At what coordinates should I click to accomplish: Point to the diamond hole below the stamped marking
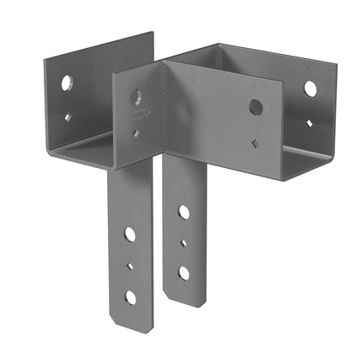pyautogui.click(x=136, y=132)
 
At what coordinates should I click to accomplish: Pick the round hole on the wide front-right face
pyautogui.click(x=255, y=107)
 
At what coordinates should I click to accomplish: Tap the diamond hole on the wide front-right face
pyautogui.click(x=256, y=141)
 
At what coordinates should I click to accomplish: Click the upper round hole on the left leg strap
pyautogui.click(x=129, y=232)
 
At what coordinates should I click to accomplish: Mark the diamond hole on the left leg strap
pyautogui.click(x=129, y=266)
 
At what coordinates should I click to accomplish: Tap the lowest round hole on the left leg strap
pyautogui.click(x=130, y=297)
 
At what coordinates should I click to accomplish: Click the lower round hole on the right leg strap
pyautogui.click(x=183, y=273)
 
